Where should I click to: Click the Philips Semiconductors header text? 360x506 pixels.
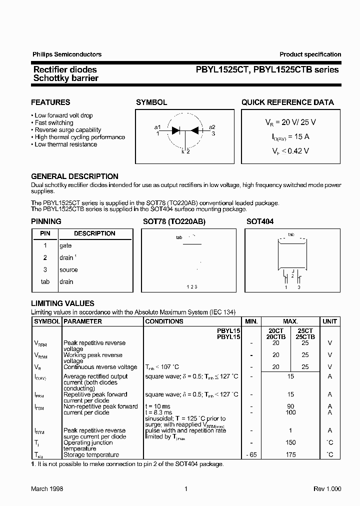tap(66, 54)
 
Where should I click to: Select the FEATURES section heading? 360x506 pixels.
tap(50, 102)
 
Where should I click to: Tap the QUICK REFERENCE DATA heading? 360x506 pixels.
tap(287, 102)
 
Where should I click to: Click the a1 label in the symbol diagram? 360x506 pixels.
tap(157, 127)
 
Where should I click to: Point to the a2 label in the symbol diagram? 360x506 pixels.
tap(212, 127)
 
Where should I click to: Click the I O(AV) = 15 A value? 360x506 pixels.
tap(290, 136)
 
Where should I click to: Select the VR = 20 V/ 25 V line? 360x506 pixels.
tap(290, 122)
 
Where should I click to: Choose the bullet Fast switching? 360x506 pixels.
tap(53, 122)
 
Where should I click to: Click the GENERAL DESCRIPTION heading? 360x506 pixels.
tap(74, 176)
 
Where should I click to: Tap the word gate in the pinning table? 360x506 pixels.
tap(65, 245)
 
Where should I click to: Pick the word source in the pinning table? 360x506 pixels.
tap(68, 269)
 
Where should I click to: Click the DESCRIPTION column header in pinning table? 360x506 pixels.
tap(94, 233)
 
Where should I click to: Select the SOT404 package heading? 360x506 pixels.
tap(260, 221)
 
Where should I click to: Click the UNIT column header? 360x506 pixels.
tap(329, 321)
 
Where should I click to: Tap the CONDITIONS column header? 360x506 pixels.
tap(164, 321)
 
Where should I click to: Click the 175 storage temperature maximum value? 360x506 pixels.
tap(290, 454)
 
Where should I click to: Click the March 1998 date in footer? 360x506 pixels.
tap(47, 489)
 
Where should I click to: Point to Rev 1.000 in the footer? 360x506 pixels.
tap(327, 489)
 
